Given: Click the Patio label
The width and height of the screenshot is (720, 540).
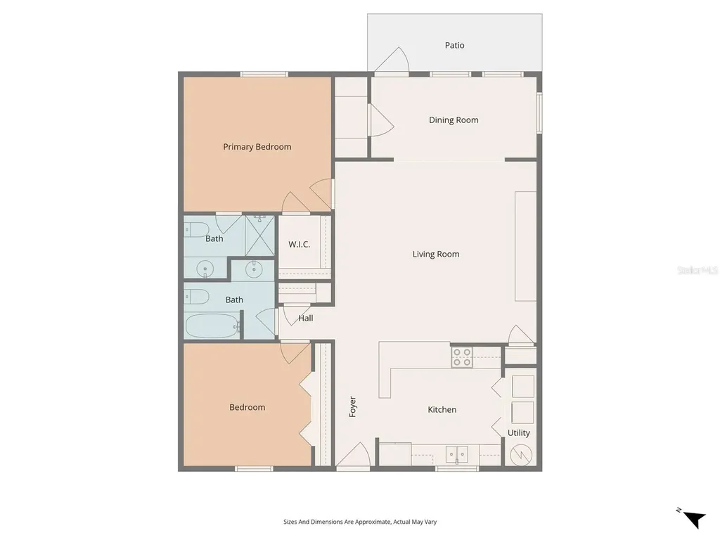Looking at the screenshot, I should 454,45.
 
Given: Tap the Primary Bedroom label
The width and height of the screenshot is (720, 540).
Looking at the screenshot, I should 257,147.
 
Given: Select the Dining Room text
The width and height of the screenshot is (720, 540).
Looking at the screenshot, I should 454,120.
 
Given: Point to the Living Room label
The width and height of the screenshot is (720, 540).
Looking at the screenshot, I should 435,255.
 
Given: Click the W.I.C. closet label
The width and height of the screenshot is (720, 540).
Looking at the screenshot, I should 299,245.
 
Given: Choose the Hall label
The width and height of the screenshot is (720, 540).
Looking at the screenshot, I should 306,319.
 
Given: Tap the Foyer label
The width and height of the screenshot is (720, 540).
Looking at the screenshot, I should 353,407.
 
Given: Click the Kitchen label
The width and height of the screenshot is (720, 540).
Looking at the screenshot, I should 442,410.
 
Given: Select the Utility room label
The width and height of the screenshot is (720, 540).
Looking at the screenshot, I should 519,433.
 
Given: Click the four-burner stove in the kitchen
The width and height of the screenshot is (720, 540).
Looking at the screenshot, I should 462,357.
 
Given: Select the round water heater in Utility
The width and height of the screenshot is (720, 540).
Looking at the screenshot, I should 521,456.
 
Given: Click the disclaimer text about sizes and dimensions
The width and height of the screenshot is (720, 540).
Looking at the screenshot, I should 360,522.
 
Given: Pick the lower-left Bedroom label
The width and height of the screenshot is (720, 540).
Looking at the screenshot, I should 247,408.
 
